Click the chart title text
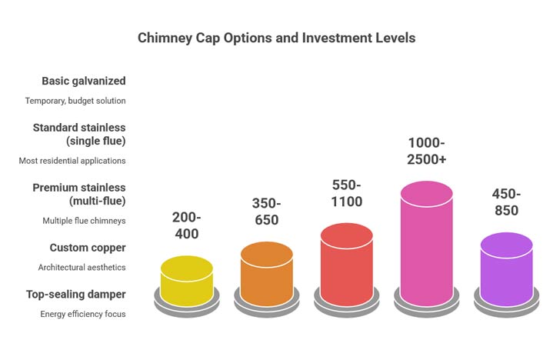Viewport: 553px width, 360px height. point(276,38)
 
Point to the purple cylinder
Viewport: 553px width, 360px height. point(506,270)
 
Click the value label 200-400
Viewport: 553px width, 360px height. point(186,225)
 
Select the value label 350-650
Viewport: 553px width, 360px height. point(266,211)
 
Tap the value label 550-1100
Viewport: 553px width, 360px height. point(346,193)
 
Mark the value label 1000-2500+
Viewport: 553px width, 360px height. point(426,152)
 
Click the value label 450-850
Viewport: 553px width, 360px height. point(506,202)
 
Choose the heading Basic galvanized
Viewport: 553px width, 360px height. point(84,81)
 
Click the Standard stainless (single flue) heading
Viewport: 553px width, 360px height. point(79,134)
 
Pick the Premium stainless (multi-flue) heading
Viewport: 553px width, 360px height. point(79,194)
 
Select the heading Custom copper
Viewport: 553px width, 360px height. point(88,248)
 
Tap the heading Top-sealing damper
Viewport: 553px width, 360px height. point(76,294)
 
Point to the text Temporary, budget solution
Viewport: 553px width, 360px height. point(75,101)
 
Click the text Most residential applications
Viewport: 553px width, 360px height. point(72,161)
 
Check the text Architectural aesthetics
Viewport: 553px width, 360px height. point(82,267)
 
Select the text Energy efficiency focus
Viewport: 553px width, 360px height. point(83,314)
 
